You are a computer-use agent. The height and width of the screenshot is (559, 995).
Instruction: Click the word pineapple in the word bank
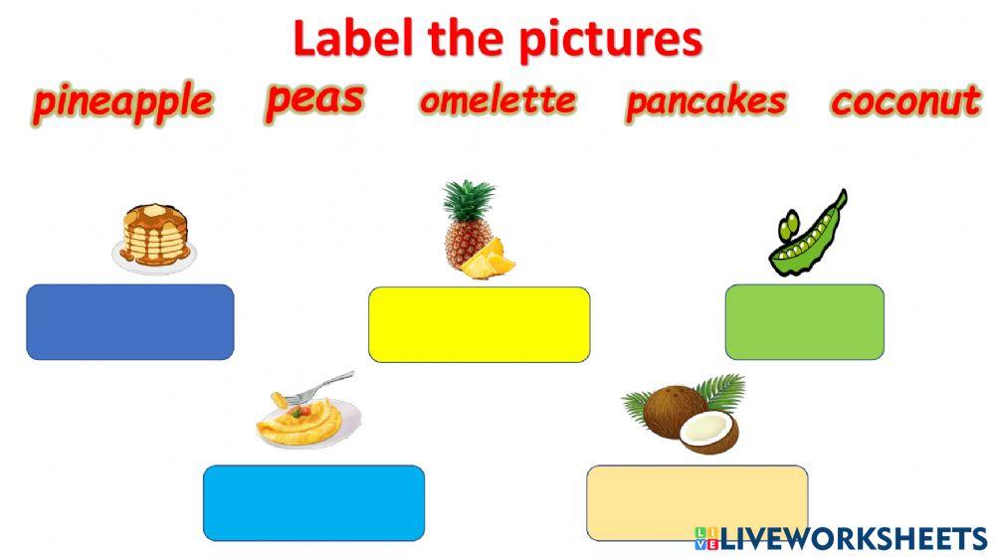122,102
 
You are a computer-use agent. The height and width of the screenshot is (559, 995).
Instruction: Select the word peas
314,98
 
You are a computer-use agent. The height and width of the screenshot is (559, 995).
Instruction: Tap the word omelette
497,100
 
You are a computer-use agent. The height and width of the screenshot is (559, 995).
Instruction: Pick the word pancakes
705,101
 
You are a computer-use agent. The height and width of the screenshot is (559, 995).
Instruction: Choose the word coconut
905,101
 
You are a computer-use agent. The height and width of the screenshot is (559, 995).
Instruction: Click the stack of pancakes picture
154,239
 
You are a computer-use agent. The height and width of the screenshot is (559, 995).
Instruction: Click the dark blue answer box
130,322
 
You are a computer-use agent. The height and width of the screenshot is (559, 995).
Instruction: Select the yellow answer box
479,324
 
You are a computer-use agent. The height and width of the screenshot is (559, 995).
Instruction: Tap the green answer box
804,321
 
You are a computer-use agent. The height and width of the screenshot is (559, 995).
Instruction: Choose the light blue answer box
313,502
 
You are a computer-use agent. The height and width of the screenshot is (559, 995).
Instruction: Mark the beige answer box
696,502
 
